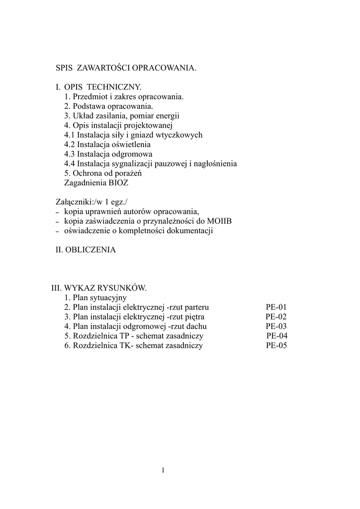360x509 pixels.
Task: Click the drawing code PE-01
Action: [276, 307]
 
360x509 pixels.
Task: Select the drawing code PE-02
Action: [276, 317]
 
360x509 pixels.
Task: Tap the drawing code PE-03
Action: [276, 327]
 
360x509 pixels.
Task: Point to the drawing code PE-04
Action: [277, 336]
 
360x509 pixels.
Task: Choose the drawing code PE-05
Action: [277, 345]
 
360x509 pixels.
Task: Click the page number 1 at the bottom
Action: [163, 470]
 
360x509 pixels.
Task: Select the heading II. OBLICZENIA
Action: [86, 250]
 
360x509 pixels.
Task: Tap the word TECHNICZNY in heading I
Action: [113, 87]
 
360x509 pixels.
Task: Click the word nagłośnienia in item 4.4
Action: [215, 164]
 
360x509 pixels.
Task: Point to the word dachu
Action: [196, 327]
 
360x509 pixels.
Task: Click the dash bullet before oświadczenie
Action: [58, 232]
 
